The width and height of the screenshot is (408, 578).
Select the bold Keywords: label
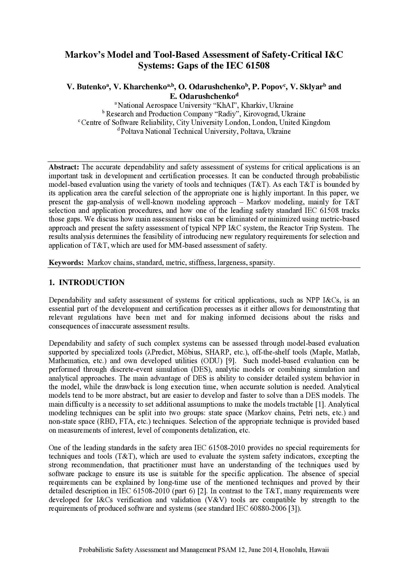click(66, 263)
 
